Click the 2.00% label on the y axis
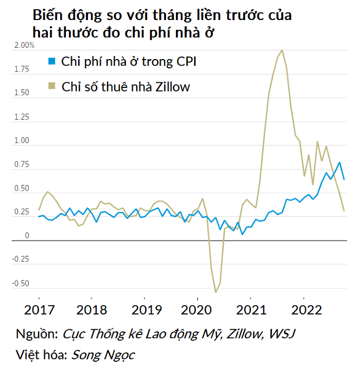[x=24, y=46]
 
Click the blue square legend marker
[x=51, y=62]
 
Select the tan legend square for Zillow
[x=51, y=86]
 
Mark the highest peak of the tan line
[x=282, y=50]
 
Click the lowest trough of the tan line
[x=216, y=292]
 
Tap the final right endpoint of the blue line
[x=344, y=179]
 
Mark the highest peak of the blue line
[x=339, y=163]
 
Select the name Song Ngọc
[x=103, y=355]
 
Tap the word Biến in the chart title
[x=47, y=15]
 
